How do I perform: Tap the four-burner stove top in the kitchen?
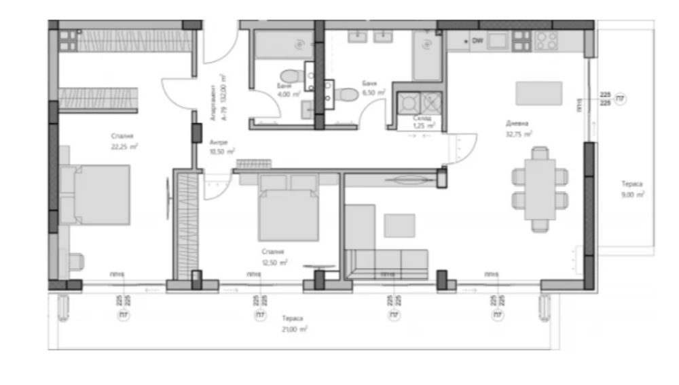coord(547,41)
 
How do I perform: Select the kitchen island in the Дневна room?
coord(539,93)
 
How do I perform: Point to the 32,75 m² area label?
coord(519,134)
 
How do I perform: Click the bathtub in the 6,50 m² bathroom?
coord(427,58)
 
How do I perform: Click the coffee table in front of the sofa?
coord(399,225)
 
